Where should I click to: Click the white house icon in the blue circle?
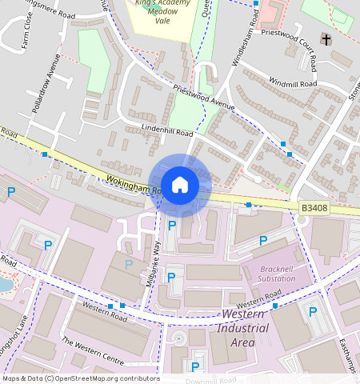pos(180,185)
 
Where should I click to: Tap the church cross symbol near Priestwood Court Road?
pos(326,39)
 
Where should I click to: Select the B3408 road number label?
pos(314,208)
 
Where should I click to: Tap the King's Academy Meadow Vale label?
pos(163,12)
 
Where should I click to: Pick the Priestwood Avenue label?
pos(202,98)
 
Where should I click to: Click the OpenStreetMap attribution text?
pos(70,378)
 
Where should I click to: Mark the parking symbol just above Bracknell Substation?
pos(263,242)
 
